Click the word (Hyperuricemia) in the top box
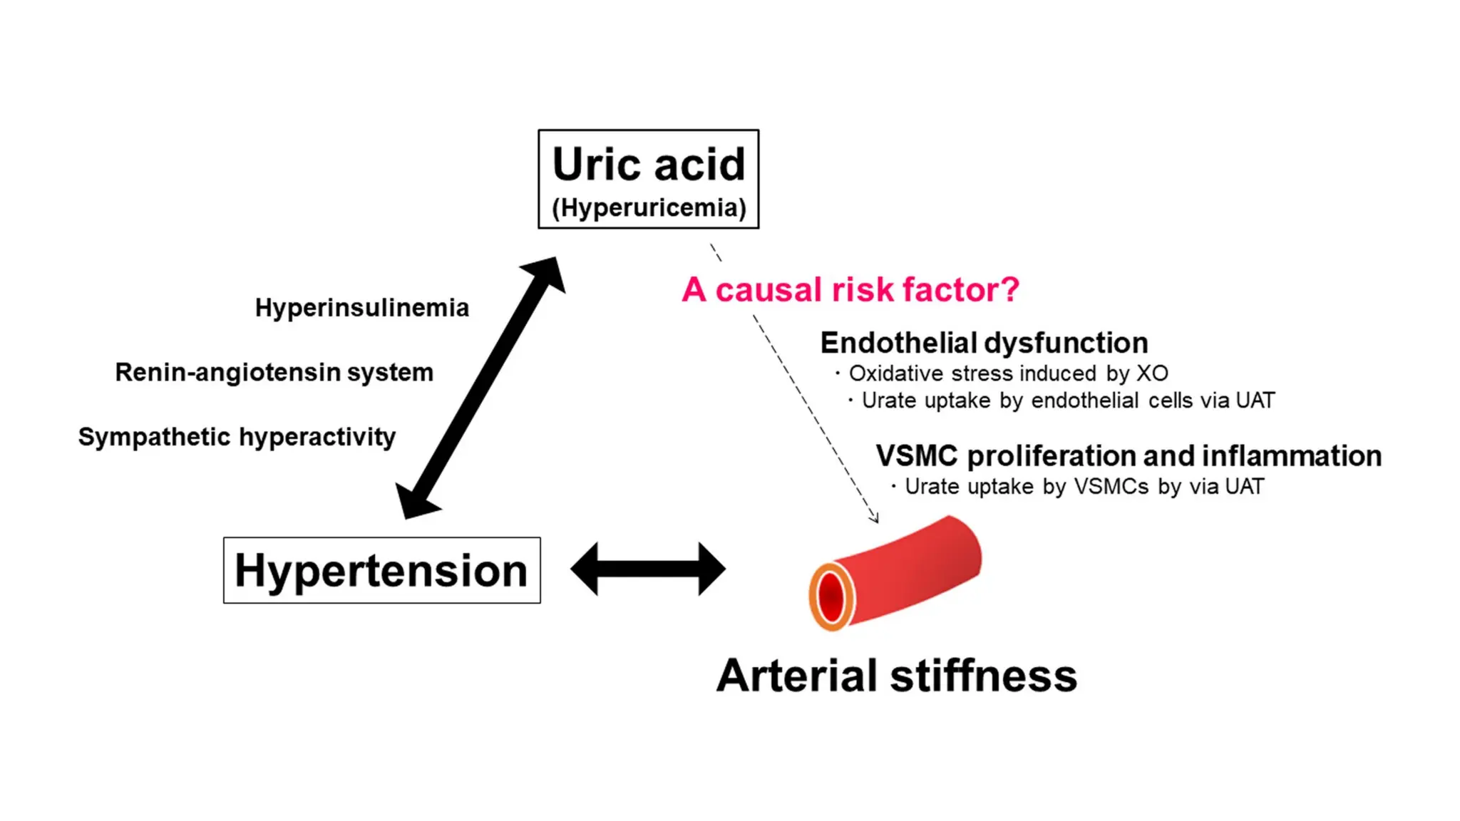point(649,208)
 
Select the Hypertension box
point(381,570)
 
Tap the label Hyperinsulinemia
point(362,308)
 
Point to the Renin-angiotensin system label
point(274,372)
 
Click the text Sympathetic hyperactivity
point(237,437)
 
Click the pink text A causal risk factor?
point(850,290)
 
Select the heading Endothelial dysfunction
point(984,343)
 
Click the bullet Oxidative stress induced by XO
point(1007,373)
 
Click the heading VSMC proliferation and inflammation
point(1128,456)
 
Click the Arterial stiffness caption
point(896,676)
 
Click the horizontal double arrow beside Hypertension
point(648,569)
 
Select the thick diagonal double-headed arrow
point(481,388)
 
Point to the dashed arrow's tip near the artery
point(875,520)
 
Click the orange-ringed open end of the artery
point(831,597)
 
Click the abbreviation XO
point(1152,373)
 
